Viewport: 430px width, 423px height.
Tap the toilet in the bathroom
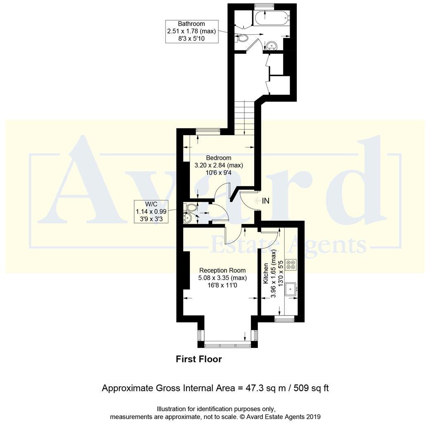point(242,39)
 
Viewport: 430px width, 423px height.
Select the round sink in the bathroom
point(271,45)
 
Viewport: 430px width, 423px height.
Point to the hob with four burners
point(291,264)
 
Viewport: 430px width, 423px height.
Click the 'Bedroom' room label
point(219,158)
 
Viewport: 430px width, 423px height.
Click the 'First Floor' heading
point(199,359)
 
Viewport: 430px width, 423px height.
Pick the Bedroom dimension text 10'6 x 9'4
point(219,173)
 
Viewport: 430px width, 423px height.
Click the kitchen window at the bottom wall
point(284,319)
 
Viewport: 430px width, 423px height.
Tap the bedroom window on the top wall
point(208,131)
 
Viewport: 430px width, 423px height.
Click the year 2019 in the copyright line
point(313,416)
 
